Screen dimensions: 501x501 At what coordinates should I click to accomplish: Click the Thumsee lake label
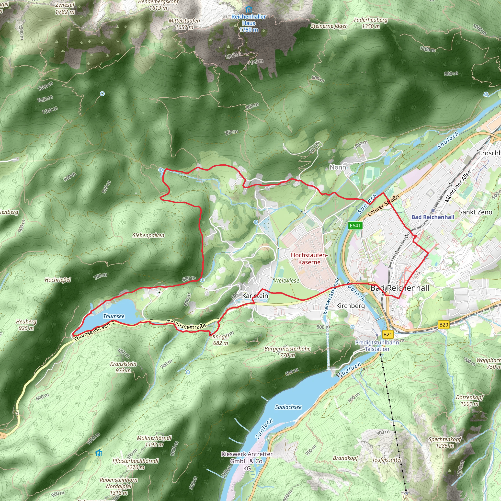pos(114,316)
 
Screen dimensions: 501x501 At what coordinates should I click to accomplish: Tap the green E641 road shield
pos(355,225)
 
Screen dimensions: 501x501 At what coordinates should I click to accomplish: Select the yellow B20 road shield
pos(444,325)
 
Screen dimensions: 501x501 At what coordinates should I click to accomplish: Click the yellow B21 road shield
pos(387,334)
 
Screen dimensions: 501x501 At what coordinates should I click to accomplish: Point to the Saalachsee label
pos(288,407)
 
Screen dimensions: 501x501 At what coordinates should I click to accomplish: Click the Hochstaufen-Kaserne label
pos(309,259)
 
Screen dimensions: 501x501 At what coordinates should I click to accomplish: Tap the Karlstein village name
pos(255,296)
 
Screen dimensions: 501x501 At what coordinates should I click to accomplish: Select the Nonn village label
pos(338,167)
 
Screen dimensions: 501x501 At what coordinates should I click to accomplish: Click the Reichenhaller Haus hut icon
pos(249,10)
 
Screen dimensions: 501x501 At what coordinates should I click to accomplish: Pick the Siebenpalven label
pos(148,236)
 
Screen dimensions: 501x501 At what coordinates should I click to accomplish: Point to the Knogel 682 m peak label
pos(221,340)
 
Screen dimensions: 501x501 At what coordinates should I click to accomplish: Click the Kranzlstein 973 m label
pos(123,367)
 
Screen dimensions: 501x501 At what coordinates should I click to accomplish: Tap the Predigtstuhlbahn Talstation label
pos(377,346)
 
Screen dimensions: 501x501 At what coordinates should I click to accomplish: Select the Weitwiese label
pos(286,281)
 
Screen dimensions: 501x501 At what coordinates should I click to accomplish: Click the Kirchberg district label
pos(350,306)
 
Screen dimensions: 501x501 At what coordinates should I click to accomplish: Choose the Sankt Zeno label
pos(475,212)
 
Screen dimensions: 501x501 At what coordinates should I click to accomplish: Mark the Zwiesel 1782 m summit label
pos(65,8)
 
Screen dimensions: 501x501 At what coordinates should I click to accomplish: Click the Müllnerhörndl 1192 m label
pos(154,441)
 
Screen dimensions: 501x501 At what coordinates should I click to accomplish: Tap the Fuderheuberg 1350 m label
pos(371,23)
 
